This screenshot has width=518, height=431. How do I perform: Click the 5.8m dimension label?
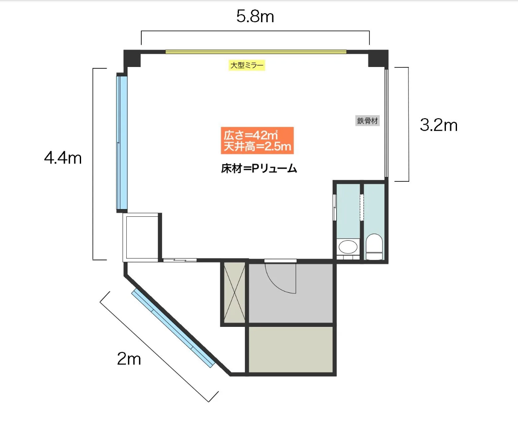tap(255, 16)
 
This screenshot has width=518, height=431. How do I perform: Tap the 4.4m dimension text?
tap(63, 158)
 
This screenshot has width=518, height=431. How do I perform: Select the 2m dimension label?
tap(129, 359)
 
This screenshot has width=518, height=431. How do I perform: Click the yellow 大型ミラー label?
tap(247, 65)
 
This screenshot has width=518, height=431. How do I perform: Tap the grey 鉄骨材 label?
tap(367, 121)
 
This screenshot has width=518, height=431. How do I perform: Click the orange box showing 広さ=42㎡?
tap(257, 140)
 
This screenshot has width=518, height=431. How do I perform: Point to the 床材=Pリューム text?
tap(259, 169)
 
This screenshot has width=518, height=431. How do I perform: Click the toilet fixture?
tap(374, 247)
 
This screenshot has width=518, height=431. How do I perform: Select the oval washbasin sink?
tap(348, 247)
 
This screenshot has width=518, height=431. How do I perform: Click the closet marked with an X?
tap(234, 293)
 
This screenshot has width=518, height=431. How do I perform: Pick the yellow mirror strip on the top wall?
tap(256, 52)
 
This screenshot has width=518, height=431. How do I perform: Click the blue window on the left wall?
tap(122, 143)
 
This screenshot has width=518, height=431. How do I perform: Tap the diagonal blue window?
tap(173, 328)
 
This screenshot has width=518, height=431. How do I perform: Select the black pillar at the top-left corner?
tap(132, 58)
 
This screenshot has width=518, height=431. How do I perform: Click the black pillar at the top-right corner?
tap(378, 58)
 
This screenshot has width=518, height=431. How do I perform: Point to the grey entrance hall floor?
tap(291, 293)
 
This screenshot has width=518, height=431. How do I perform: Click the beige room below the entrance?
tap(291, 349)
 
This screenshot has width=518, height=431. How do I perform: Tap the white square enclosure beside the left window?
tap(142, 237)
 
